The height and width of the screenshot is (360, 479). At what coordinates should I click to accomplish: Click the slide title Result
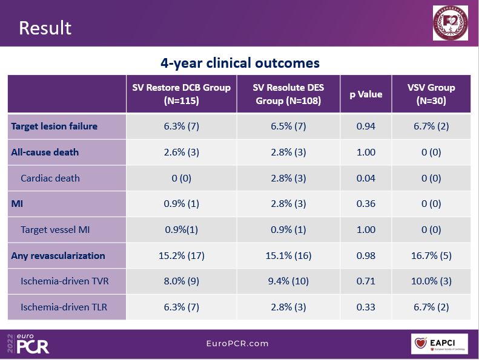45,28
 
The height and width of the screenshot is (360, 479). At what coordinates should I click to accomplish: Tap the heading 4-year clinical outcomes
240,63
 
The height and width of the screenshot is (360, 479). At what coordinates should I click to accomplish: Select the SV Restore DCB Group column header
182,94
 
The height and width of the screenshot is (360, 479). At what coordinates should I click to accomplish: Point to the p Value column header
366,94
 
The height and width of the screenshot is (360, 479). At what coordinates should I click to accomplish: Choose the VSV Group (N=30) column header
431,94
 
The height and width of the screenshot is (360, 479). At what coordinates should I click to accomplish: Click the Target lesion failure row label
55,126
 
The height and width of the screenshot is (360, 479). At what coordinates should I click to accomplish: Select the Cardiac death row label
50,178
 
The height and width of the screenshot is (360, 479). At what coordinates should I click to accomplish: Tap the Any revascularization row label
58,255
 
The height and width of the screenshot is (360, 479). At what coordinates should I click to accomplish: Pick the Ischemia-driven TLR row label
64,307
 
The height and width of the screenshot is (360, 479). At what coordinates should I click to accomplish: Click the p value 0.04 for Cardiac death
366,178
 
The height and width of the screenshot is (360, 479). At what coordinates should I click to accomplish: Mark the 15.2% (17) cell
182,255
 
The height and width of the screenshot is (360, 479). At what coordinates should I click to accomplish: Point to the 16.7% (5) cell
431,255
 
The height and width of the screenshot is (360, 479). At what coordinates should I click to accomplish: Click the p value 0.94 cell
366,126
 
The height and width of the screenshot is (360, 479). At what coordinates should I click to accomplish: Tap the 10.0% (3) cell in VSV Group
431,281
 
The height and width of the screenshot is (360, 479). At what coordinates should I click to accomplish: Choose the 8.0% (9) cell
182,281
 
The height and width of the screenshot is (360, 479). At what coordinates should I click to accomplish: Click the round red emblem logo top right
450,23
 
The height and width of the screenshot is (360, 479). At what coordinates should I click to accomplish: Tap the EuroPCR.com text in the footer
237,343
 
